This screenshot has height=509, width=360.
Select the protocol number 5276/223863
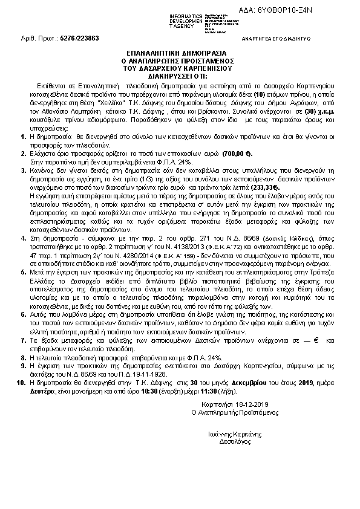pos(80,37)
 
